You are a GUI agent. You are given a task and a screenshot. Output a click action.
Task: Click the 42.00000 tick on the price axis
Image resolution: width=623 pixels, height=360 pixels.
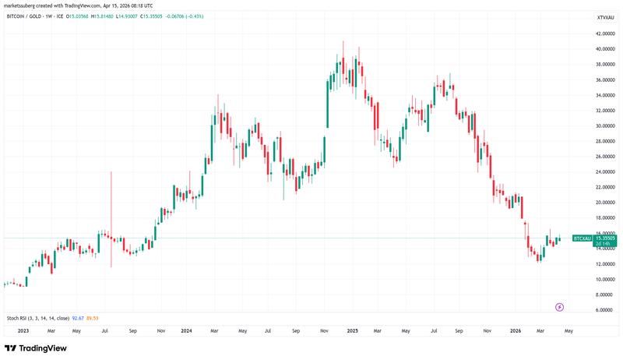click(606, 34)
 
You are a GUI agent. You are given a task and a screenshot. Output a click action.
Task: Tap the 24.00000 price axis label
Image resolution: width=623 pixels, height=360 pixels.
click(606, 172)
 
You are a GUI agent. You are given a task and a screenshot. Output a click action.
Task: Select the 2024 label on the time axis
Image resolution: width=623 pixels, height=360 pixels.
click(186, 330)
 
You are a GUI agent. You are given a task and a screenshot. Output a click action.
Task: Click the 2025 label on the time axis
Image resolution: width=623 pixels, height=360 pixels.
click(352, 330)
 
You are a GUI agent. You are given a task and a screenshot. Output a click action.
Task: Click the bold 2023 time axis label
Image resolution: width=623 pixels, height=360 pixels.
click(23, 330)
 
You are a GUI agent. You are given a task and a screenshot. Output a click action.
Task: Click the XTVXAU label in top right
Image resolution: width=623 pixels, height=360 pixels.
click(605, 16)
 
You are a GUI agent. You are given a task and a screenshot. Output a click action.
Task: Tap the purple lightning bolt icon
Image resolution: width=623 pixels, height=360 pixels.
click(559, 307)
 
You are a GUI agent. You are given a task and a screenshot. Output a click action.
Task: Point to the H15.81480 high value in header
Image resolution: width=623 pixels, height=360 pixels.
click(117, 16)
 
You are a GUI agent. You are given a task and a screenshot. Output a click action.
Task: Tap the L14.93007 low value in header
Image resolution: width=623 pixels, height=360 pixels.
click(148, 16)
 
